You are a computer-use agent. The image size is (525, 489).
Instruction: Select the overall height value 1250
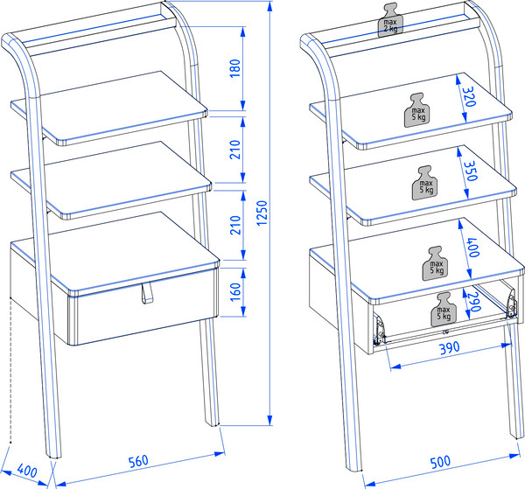tap(262, 214)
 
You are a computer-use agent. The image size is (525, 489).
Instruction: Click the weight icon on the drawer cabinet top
tap(435, 263)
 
